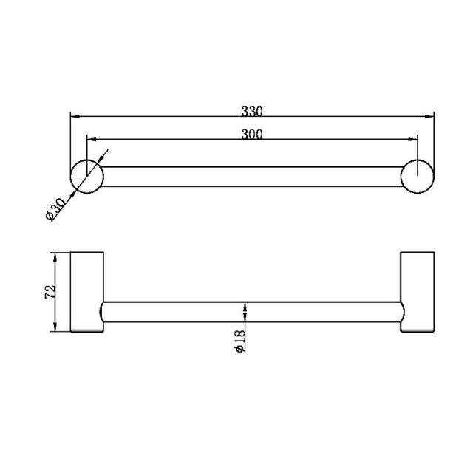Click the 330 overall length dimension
click(252, 112)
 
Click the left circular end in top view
click(86, 176)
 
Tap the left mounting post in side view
click(87, 293)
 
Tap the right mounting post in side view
click(417, 293)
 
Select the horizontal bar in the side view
click(251, 313)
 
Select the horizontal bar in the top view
click(251, 176)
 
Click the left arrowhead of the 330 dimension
click(74, 116)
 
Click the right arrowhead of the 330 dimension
click(429, 116)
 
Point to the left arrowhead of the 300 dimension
click(91, 138)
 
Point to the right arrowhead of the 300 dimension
click(413, 138)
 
